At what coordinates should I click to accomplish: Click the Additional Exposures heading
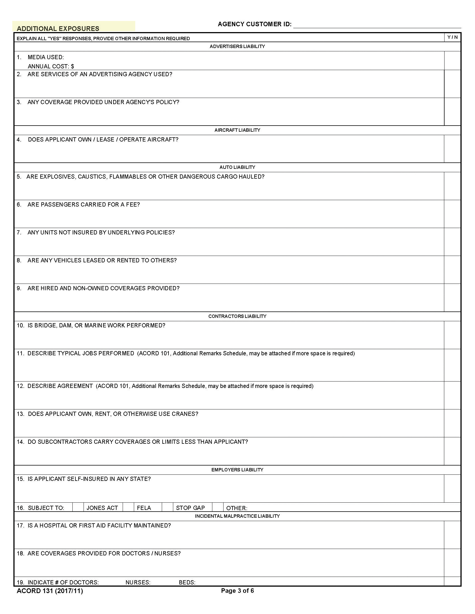pyautogui.click(x=58, y=28)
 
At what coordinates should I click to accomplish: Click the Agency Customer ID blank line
pyautogui.click(x=377, y=25)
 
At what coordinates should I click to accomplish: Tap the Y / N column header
pyautogui.click(x=452, y=37)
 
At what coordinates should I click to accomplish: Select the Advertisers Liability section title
pyautogui.click(x=237, y=46)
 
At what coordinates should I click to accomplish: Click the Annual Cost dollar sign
pyautogui.click(x=72, y=66)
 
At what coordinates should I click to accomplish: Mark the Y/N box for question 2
pyautogui.click(x=452, y=84)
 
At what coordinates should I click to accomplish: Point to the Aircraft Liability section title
pyautogui.click(x=237, y=130)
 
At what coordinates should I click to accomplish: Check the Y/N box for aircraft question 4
pyautogui.click(x=452, y=149)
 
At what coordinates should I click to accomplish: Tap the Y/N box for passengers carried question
pyautogui.click(x=452, y=214)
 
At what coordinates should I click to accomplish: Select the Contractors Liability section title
pyautogui.click(x=237, y=316)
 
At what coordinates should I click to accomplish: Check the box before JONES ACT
pyautogui.click(x=78, y=507)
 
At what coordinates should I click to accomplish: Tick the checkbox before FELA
pyautogui.click(x=128, y=507)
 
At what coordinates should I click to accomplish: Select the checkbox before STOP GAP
pyautogui.click(x=167, y=507)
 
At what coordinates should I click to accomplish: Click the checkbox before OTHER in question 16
pyautogui.click(x=217, y=507)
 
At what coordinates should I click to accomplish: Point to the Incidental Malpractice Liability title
pyautogui.click(x=237, y=516)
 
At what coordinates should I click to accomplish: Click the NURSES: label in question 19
pyautogui.click(x=138, y=582)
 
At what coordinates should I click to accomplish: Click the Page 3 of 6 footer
pyautogui.click(x=237, y=591)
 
